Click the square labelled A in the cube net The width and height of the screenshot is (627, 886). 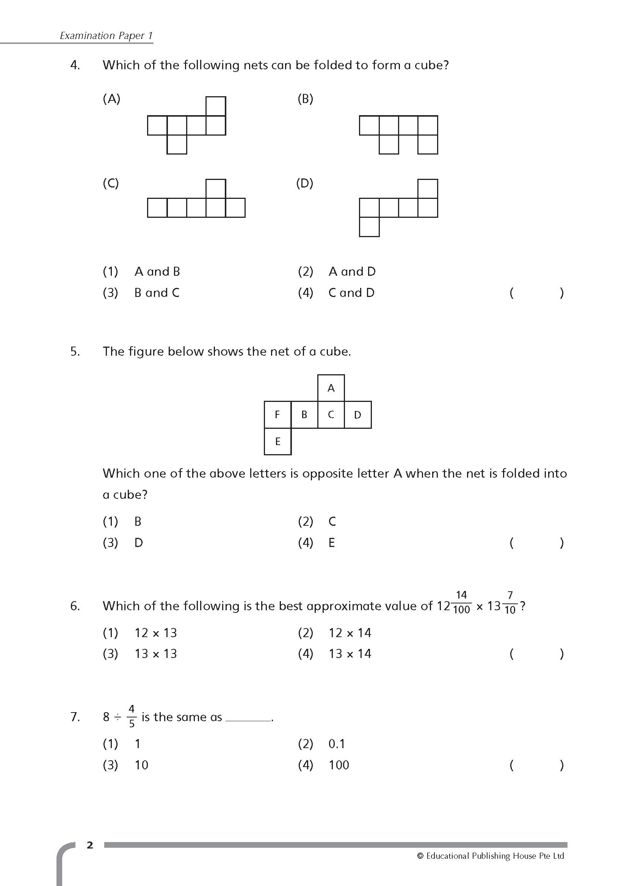coord(331,388)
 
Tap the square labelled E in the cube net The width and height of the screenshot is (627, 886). coord(277,441)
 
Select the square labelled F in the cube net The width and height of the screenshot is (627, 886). coord(277,415)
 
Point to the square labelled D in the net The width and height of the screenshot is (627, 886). coord(357,415)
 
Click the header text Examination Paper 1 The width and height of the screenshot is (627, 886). coord(106,36)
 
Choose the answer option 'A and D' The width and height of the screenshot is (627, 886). coord(352,272)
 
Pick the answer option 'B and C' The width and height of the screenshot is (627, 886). coord(157,293)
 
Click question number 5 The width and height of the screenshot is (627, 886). coord(75,352)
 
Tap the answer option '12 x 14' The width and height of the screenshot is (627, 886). coord(350,633)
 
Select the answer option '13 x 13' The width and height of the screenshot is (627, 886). coord(155,654)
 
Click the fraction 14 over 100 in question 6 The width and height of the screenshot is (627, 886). coord(461,602)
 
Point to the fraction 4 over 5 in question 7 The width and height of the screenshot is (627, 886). coord(132,716)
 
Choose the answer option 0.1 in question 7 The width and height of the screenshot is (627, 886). coord(337,744)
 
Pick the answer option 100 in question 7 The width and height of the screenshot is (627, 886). coord(339,765)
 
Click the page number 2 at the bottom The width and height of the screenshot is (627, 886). coord(90,845)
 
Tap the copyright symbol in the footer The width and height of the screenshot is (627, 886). coord(420,856)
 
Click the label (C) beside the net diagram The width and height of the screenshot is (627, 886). coord(111,183)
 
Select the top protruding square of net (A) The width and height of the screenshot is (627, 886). coord(216,106)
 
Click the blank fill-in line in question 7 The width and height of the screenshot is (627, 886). coord(248,720)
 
